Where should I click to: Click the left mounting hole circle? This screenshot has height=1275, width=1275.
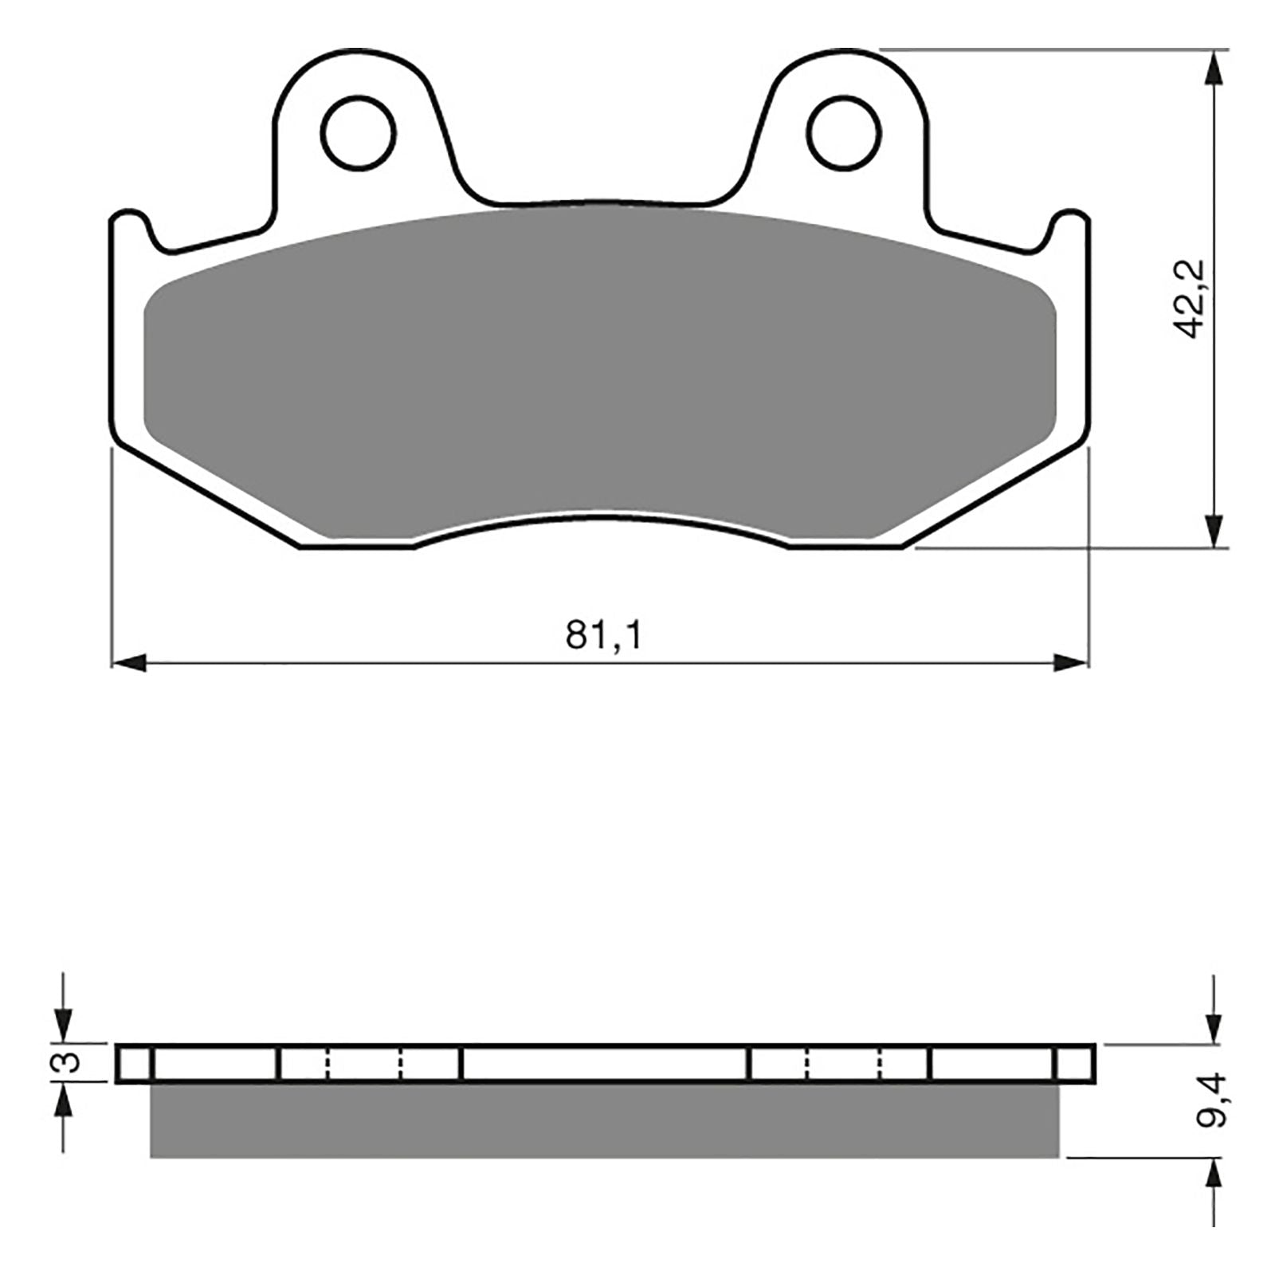pos(358,132)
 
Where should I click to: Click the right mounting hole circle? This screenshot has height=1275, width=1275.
pos(843,132)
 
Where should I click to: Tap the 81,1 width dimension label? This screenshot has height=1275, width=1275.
pos(603,636)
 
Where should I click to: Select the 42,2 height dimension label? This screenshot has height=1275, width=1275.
pos(1192,299)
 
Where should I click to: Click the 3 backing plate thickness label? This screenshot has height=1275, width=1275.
pos(70,1062)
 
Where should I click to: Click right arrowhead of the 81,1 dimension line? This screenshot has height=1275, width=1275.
pos(1071,662)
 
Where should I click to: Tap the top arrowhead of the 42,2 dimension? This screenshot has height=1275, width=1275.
pos(1213,69)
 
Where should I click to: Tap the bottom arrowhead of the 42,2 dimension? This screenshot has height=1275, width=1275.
pos(1213,530)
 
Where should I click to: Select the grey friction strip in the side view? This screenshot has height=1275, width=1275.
pos(604,1120)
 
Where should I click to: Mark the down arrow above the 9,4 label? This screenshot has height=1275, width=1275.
pos(1213,1025)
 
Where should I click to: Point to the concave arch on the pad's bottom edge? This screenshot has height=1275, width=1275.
pos(602,518)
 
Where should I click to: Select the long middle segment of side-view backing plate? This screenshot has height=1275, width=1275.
pos(606,1063)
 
